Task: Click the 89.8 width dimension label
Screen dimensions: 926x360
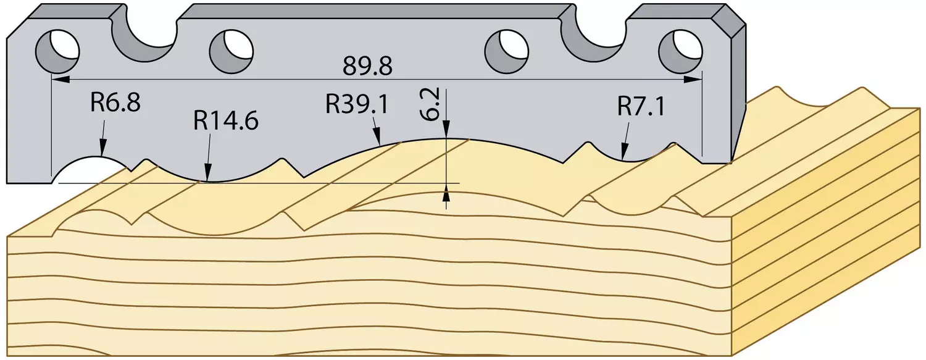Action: coord(367,66)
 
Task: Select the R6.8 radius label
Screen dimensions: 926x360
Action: coord(115,102)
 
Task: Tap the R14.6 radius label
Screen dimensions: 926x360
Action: coord(226,120)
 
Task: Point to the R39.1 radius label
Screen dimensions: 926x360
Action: coord(357,104)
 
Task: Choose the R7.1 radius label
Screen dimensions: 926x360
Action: coord(641,107)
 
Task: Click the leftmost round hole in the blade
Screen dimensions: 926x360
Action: coord(57,51)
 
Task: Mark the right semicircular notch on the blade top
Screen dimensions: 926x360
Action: coord(594,36)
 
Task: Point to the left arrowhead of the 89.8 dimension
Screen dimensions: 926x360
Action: coord(61,79)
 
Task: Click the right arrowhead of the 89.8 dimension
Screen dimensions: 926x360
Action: coord(693,79)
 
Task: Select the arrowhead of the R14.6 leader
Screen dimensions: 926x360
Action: coord(208,173)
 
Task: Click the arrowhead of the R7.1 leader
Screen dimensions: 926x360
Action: coord(624,152)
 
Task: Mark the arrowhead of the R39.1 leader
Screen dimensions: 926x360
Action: coord(377,136)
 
